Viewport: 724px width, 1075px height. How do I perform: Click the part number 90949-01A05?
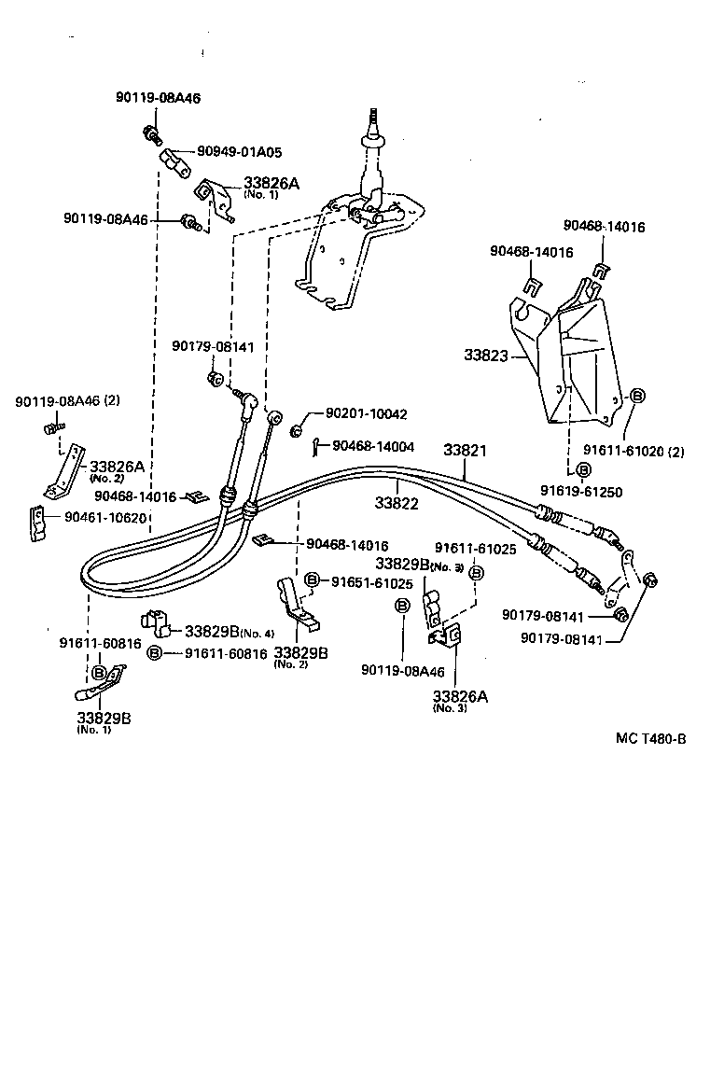(239, 151)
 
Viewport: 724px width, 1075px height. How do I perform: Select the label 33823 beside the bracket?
(484, 355)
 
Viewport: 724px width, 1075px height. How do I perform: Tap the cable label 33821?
(464, 450)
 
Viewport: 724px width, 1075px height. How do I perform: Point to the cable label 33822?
(397, 502)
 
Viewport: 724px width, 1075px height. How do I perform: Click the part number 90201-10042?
(367, 413)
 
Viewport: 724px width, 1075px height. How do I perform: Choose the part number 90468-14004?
(374, 447)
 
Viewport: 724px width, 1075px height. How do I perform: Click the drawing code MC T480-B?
(650, 739)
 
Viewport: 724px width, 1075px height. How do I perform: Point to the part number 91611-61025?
(475, 550)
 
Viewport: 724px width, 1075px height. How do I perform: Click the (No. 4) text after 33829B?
(256, 632)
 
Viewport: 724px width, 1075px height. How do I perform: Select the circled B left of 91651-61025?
(313, 581)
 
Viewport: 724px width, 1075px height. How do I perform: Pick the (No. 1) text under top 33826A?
(261, 195)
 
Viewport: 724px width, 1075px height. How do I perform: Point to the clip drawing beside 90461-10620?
(38, 522)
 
